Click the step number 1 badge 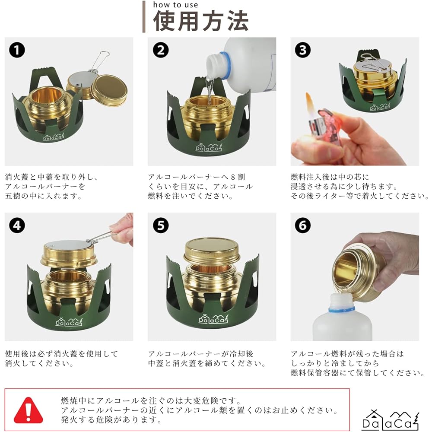pyautogui.click(x=17, y=50)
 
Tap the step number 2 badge pyautogui.click(x=161, y=50)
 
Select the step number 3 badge pyautogui.click(x=302, y=50)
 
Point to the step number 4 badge pyautogui.click(x=17, y=226)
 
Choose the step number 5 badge pyautogui.click(x=161, y=226)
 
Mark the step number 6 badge pyautogui.click(x=302, y=226)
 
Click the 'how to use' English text pyautogui.click(x=175, y=5)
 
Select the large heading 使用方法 pyautogui.click(x=201, y=21)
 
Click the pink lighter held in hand pyautogui.click(x=322, y=130)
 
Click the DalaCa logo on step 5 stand pyautogui.click(x=212, y=319)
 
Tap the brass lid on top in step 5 pyautogui.click(x=212, y=251)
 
